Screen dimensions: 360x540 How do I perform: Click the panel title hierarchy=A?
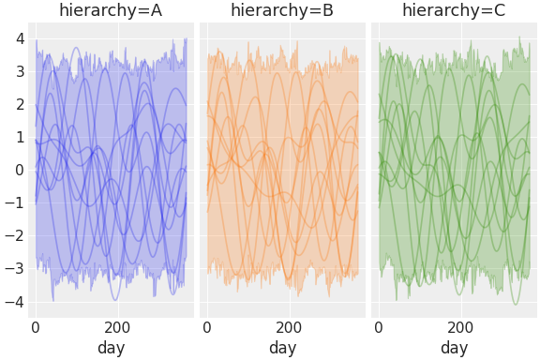[111, 11]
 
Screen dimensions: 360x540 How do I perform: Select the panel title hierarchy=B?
[282, 11]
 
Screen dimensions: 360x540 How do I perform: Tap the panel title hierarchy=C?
[454, 11]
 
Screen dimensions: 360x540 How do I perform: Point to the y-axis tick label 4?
[19, 39]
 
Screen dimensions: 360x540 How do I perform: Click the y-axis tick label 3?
[19, 72]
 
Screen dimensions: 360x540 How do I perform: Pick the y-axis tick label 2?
[19, 105]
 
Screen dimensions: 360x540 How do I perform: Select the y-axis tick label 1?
[19, 138]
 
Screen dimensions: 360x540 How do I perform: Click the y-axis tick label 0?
[19, 171]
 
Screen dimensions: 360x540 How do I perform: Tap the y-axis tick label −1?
[15, 203]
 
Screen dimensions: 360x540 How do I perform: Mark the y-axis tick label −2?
[15, 236]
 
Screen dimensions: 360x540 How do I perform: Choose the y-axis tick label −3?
[15, 270]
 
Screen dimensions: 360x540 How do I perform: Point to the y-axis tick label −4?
[15, 303]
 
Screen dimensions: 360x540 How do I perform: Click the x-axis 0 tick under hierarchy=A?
[36, 328]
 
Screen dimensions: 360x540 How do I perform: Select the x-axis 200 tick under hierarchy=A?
[118, 328]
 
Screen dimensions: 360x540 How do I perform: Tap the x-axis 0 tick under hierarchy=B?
[207, 328]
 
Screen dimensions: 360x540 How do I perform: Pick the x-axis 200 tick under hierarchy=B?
[290, 328]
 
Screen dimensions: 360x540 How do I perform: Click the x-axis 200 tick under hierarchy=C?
[461, 328]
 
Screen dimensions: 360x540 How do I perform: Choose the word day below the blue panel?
[111, 348]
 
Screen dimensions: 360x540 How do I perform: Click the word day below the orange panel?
[282, 348]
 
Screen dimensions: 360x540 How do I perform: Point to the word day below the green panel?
[454, 348]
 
